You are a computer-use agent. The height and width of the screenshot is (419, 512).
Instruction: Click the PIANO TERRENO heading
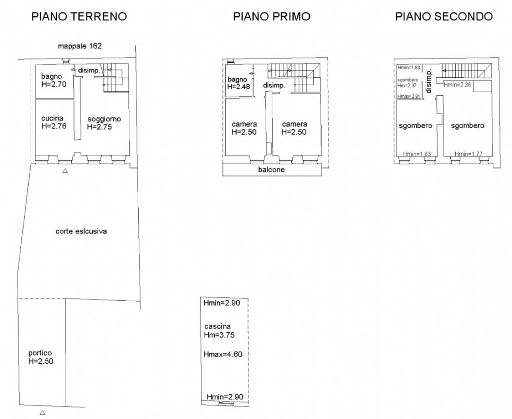79,17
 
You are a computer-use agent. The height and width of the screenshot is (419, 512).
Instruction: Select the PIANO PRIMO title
272,17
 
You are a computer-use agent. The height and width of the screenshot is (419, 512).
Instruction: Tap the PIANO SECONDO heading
444,17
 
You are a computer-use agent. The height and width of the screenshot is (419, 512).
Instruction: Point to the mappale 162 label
80,46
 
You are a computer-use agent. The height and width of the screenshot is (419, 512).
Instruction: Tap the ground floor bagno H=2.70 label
54,80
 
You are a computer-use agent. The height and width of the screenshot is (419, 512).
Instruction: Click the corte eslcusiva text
81,231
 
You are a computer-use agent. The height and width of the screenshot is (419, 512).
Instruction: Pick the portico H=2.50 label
41,357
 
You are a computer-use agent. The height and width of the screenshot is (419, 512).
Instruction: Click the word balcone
271,169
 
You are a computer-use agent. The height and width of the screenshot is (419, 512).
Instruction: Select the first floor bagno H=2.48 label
239,83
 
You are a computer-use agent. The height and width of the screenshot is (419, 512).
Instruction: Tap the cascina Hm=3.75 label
219,331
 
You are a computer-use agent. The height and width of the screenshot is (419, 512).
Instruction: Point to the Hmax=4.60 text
223,354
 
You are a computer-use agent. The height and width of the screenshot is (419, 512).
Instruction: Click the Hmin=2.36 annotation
457,85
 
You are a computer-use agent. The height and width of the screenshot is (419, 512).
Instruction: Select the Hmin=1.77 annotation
468,154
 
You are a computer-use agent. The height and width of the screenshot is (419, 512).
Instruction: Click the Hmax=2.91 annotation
409,96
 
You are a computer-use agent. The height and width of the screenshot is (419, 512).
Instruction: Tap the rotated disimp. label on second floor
428,81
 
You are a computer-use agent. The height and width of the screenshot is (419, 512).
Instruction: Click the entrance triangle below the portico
43,413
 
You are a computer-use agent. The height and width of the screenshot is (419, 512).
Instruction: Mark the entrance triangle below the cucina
65,171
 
